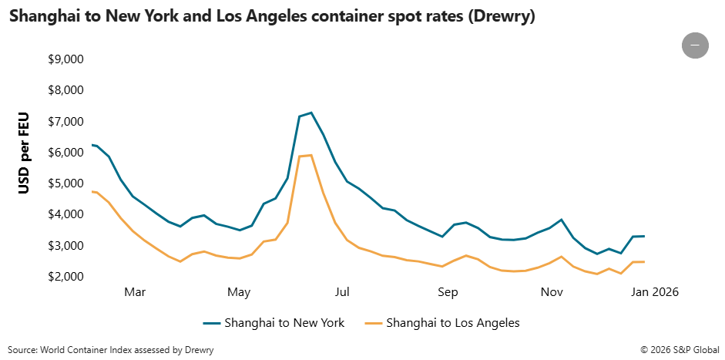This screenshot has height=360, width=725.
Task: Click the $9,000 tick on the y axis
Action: pos(65,59)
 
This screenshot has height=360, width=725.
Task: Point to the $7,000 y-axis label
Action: pos(65,122)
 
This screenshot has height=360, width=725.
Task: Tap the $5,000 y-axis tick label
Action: pos(65,183)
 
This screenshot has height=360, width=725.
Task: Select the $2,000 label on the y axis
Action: pos(65,277)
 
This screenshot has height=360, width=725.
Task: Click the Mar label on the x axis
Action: pos(135,292)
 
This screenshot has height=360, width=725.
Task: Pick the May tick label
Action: pos(240,292)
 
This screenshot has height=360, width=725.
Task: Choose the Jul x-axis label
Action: pos(342,292)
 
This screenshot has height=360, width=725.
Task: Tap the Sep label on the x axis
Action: pos(448,292)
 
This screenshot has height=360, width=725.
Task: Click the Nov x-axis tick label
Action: pos(551,292)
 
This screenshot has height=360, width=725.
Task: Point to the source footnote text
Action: pos(111,350)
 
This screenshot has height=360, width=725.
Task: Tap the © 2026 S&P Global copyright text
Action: pos(679,350)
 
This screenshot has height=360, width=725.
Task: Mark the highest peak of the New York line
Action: pos(310,113)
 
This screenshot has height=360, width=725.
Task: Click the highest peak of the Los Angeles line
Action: pos(310,155)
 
